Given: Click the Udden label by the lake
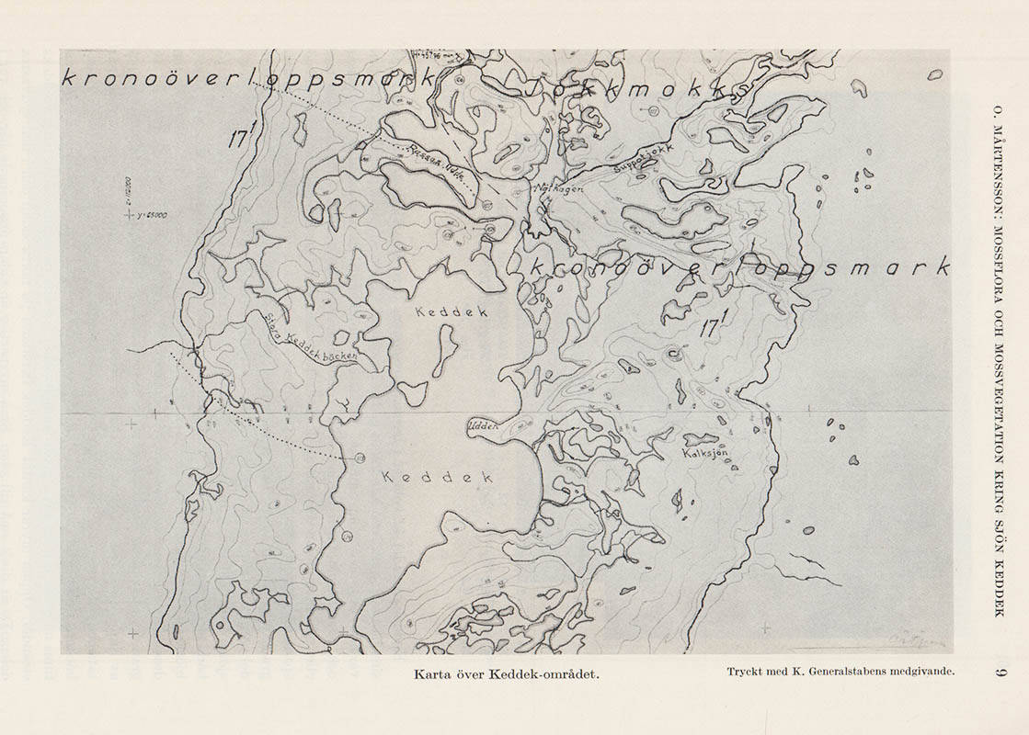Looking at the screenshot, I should (x=483, y=425).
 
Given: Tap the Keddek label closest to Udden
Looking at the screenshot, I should (x=437, y=478).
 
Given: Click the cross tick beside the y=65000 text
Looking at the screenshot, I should (x=132, y=215).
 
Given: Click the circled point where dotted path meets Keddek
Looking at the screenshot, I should (x=359, y=457).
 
